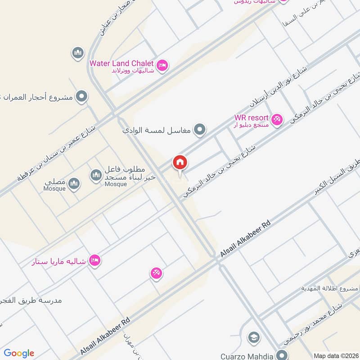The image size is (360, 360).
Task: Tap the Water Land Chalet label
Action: tap(121, 63)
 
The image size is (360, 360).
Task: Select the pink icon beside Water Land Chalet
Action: tap(163, 66)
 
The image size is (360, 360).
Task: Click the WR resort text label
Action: tap(251, 118)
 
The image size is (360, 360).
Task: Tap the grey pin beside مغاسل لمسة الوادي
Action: tap(201, 130)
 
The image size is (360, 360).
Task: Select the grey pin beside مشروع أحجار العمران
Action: tap(81, 96)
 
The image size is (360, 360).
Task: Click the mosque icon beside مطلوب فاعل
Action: tap(96, 175)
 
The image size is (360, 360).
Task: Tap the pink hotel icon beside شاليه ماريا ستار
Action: tap(94, 260)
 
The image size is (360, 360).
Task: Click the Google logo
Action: tap(19, 353)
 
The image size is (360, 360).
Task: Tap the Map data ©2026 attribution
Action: tap(335, 355)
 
